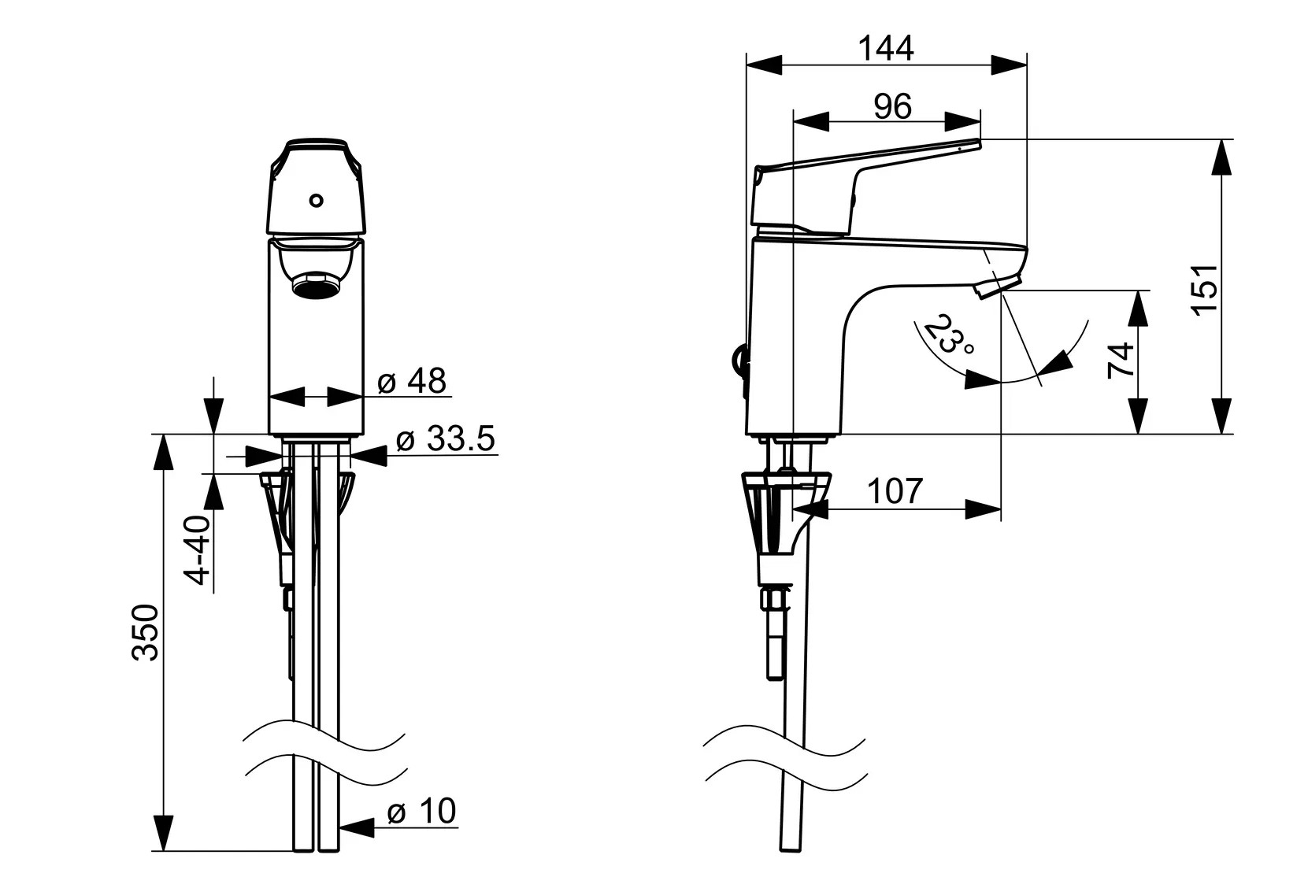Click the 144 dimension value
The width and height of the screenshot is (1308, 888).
886,49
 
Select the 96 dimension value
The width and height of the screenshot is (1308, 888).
892,107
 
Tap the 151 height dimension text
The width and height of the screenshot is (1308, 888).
1205,290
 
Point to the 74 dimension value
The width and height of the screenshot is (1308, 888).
1121,361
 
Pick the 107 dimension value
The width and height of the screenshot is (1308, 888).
895,491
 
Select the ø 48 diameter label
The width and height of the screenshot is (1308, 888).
412,381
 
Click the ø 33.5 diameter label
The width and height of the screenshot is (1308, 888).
446,438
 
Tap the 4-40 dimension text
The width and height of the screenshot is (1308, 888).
198,550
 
